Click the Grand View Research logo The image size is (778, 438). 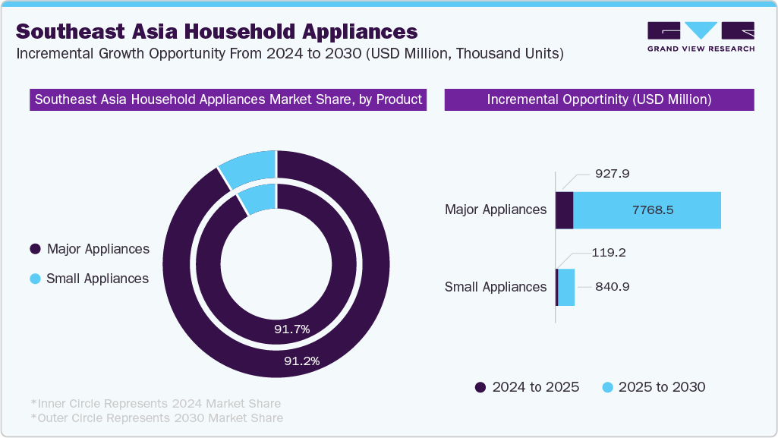pos(701,36)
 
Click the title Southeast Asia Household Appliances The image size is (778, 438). pos(216,31)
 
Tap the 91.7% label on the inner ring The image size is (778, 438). pos(291,329)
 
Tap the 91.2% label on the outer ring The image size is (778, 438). pos(301,361)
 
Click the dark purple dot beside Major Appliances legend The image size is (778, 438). pos(35,249)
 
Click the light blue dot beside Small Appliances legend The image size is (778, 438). pos(35,279)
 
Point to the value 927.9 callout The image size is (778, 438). pos(613,174)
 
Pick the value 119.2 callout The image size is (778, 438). pos(609,253)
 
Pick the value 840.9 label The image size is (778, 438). pos(612,287)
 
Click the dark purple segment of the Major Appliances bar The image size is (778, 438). pos(564,210)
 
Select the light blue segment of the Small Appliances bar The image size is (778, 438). pos(566,287)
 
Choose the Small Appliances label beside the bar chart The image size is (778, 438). pos(495,287)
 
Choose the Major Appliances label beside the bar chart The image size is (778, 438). pos(495,210)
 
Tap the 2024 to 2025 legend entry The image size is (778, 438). pos(527,387)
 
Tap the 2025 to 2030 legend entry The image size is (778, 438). pos(653,387)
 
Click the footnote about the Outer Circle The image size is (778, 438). pos(156,418)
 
